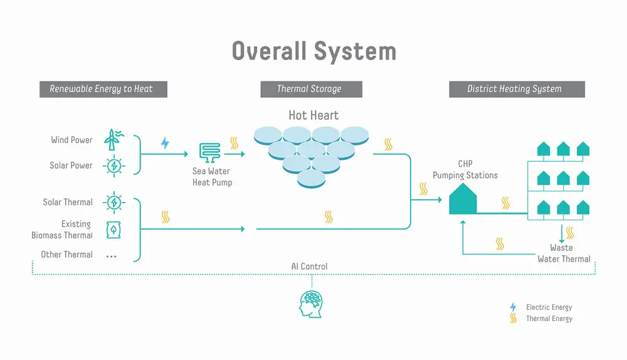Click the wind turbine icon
point(113,140)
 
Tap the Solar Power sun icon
point(114,166)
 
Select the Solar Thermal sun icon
point(114,203)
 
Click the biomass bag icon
point(113,230)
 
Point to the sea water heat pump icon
point(210,152)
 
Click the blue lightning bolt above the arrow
point(165,143)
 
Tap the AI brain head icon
point(311,304)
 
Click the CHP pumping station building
point(463,199)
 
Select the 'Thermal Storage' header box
point(311,89)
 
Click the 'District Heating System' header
point(517,89)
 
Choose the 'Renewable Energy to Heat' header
point(103,89)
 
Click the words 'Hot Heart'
point(313,115)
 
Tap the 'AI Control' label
point(309,267)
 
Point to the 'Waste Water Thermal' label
point(564,253)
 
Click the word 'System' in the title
point(355,51)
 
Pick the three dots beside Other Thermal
point(111,256)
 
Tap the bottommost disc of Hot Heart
point(311,179)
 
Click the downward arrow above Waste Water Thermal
point(561,233)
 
